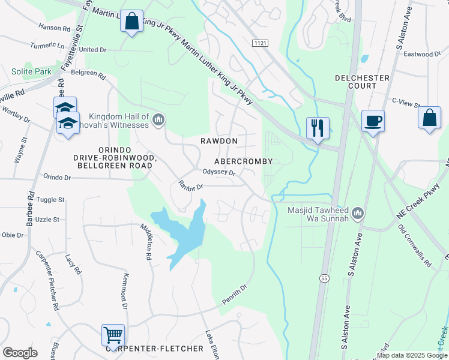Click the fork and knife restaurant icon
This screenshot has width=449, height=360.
click(x=318, y=128)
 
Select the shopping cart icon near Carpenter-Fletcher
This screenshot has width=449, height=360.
click(x=113, y=335)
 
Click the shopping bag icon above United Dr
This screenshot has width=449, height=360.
click(x=131, y=21)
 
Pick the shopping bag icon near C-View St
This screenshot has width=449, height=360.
click(x=430, y=118)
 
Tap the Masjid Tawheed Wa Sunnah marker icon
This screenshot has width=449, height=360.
click(x=358, y=213)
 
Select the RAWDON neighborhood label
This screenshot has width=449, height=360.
click(x=220, y=141)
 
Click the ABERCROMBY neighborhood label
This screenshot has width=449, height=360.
click(x=244, y=161)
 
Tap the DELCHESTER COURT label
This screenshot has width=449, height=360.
click(x=363, y=82)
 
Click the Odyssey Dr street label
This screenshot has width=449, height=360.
click(x=220, y=173)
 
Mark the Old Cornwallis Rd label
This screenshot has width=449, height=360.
click(x=415, y=245)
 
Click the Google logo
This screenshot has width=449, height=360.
click(x=20, y=353)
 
